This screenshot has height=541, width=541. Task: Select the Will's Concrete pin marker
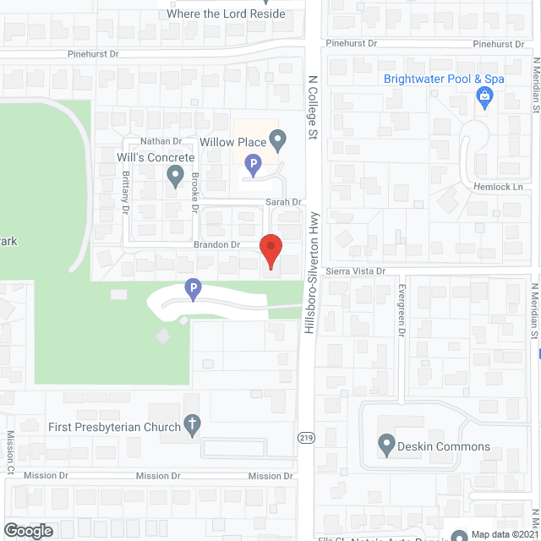[x=175, y=176]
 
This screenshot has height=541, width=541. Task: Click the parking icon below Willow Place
[x=252, y=164]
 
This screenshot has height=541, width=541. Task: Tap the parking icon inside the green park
[x=193, y=290]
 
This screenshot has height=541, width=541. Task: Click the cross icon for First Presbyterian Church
[x=193, y=426]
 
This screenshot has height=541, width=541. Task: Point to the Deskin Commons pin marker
[x=386, y=445]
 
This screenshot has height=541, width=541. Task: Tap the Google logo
[x=28, y=531]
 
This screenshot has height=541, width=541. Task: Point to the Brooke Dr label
[x=195, y=192]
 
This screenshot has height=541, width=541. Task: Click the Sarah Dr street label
[x=284, y=202]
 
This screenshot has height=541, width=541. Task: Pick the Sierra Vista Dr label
[x=355, y=271]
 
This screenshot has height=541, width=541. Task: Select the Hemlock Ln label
[x=504, y=187]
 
